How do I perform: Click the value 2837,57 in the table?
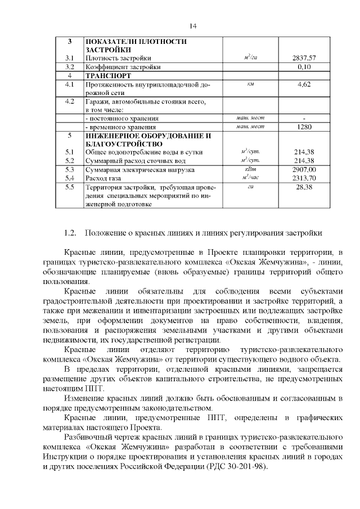pos(304,58)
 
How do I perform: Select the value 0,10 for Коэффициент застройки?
pos(304,67)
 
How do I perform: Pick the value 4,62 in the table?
pos(304,84)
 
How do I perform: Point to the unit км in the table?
pos(251,84)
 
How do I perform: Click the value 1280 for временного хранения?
pos(304,127)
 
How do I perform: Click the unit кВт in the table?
pos(251,169)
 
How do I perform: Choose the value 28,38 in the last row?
pos(304,187)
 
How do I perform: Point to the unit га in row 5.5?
pos(251,186)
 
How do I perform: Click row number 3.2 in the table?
pos(70,67)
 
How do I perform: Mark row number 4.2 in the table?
pos(70,101)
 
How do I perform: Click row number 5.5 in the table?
pos(70,187)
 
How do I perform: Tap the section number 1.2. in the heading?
pos(70,232)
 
